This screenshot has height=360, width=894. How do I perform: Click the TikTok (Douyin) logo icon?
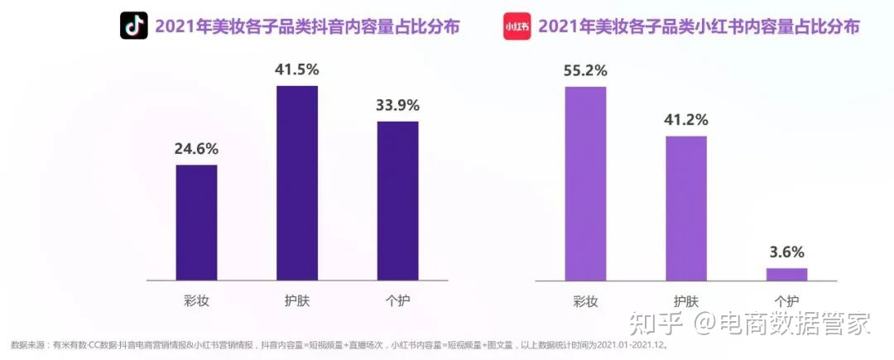coord(133,26)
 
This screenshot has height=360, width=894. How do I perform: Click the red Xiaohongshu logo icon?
coord(517,26)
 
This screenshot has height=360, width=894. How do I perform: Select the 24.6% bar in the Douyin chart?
coord(196,222)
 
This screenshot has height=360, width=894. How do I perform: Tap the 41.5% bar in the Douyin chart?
coord(297,183)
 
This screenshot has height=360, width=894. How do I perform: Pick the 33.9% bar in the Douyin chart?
coord(397,200)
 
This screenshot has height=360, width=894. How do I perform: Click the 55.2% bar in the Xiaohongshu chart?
coord(585,183)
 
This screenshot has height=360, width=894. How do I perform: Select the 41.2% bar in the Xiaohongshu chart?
coord(686,208)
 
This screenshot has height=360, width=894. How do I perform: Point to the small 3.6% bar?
coord(786,274)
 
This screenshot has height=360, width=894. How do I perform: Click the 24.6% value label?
coord(196,149)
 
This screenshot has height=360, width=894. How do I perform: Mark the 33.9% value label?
coord(397,105)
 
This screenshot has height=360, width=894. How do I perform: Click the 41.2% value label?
coord(686,120)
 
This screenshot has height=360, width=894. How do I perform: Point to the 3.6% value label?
coord(786,252)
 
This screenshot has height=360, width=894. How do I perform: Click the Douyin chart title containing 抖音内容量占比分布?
coord(306,26)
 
